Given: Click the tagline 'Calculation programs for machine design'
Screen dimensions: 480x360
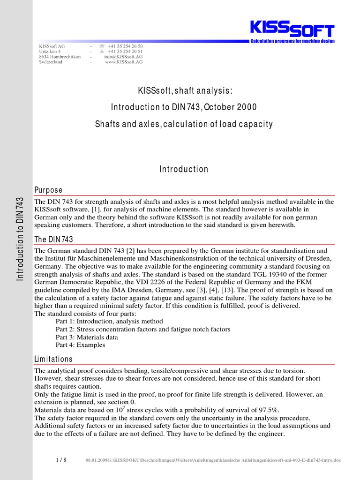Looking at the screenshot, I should [292, 42].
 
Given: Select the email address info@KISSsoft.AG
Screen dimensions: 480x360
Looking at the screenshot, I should [123, 57].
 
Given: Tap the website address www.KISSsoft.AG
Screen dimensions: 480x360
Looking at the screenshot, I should [124, 62].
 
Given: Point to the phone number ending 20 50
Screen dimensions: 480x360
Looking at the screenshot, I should [125, 46].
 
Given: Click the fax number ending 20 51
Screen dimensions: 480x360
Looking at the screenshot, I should [125, 52].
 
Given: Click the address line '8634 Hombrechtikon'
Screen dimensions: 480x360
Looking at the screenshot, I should [60, 57].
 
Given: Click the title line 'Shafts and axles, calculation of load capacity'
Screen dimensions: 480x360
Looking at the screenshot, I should [184, 124].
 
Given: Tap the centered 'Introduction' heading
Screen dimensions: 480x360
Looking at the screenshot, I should [184, 169].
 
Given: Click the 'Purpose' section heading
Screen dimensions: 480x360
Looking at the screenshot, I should [48, 190].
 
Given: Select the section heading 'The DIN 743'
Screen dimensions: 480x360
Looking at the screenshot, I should [54, 240].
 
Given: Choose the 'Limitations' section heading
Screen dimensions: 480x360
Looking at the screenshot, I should [53, 359].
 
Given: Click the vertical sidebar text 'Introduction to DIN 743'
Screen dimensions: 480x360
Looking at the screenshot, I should [20, 239].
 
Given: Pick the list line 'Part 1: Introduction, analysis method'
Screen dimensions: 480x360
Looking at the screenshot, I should [109, 322].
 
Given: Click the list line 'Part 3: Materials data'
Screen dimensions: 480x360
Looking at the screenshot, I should [87, 337].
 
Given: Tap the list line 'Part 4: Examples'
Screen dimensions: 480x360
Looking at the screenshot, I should [80, 345].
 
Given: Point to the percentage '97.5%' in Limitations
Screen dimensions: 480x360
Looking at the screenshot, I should [269, 410].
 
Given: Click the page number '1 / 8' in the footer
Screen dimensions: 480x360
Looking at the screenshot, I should [61, 460].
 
